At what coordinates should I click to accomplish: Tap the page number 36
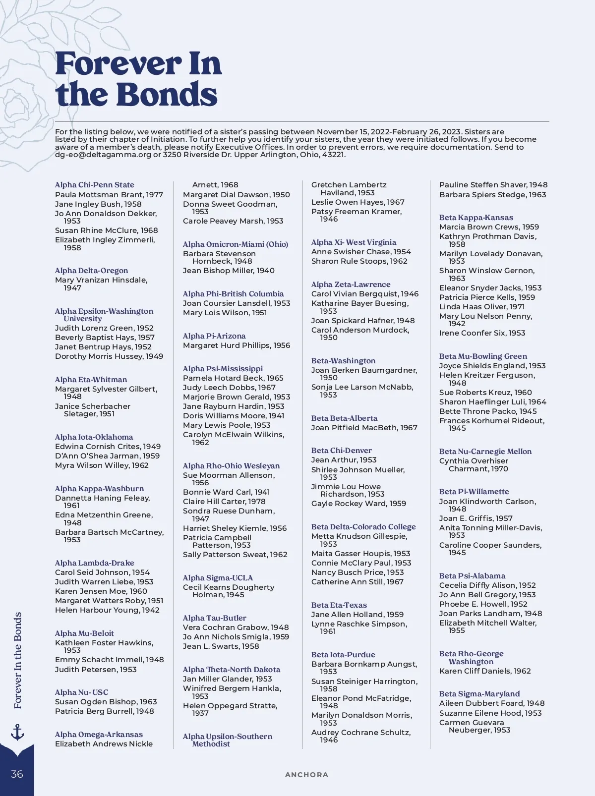[x=17, y=774]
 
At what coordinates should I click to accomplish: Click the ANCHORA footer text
[x=306, y=775]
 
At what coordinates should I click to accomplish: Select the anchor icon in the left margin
[x=17, y=732]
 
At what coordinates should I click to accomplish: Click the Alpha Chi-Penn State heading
[x=94, y=185]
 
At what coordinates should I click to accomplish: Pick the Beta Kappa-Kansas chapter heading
[x=476, y=218]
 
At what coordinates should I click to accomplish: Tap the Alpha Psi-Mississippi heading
[x=223, y=369]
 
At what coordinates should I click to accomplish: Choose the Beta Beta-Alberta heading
[x=344, y=418]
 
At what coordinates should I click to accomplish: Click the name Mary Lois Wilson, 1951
[x=225, y=313]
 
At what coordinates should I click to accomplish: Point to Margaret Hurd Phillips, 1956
[x=237, y=345]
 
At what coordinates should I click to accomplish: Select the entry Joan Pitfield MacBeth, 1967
[x=364, y=428]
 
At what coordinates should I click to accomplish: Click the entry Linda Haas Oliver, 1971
[x=481, y=307]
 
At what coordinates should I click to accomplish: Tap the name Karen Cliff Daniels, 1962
[x=485, y=671]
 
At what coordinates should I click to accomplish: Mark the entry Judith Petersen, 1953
[x=96, y=670]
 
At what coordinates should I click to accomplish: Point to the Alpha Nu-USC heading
[x=81, y=692]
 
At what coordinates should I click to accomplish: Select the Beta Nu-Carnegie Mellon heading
[x=485, y=452]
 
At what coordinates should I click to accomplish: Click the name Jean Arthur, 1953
[x=344, y=460]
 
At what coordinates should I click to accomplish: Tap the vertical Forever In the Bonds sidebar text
[x=18, y=660]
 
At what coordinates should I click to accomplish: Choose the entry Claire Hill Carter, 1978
[x=224, y=502]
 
